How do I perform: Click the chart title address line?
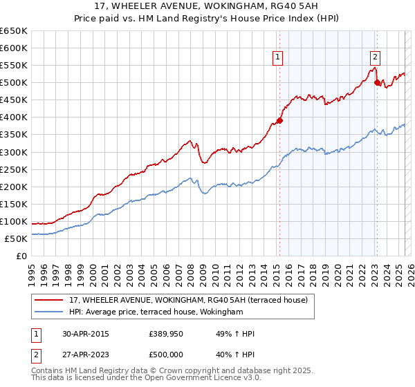point(207,7)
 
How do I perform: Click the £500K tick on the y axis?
point(14,83)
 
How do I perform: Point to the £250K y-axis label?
point(14,169)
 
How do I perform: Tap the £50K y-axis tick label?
point(16,238)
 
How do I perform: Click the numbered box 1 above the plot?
point(277,57)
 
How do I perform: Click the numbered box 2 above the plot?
point(375,57)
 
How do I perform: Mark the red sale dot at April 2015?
point(279,120)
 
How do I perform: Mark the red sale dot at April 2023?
point(377,82)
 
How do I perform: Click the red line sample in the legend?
point(49,300)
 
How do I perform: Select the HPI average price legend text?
point(156,312)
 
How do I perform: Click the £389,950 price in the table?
point(167,334)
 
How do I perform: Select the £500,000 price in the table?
point(167,355)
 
